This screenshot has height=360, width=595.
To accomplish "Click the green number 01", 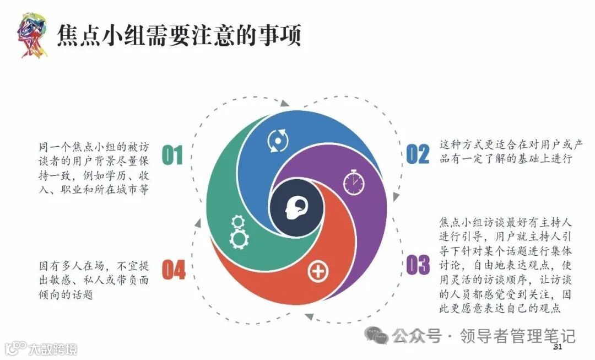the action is (172, 155).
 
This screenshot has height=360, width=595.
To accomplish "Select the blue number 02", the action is (417, 154).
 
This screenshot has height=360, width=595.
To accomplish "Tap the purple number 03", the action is (418, 265).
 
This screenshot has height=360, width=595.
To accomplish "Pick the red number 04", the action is (174, 270).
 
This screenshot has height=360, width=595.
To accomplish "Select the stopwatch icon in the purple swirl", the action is (353, 181).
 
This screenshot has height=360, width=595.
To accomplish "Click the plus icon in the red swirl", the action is (317, 271).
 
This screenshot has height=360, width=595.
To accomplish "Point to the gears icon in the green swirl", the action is (239, 232).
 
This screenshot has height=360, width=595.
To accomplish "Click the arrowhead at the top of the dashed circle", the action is (284, 103).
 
